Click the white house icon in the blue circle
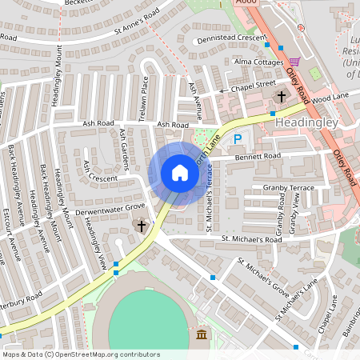pos(180,173)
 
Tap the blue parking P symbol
pos(237,139)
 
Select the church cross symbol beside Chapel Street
pos(281,97)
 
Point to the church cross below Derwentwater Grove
pos(142,226)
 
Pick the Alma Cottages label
pos(258,61)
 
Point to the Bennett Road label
pos(258,157)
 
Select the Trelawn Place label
pos(145,95)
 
